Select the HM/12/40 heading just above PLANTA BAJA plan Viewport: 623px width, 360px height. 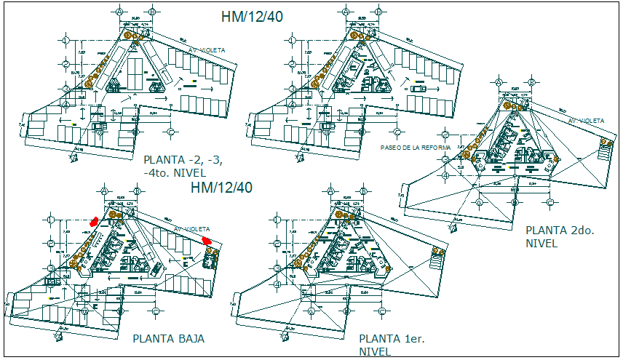[221, 188]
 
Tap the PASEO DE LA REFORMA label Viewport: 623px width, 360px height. [415, 147]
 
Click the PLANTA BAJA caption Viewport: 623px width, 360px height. [168, 339]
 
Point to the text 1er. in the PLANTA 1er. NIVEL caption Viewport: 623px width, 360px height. [416, 339]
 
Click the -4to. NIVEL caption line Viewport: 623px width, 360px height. [175, 173]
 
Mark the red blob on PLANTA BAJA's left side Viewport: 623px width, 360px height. [94, 223]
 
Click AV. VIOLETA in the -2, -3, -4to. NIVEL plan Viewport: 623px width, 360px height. [207, 50]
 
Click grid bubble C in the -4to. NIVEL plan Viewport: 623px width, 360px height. [170, 132]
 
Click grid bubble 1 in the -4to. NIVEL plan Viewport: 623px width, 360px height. [66, 41]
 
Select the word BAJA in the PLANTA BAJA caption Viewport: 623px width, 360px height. [189, 339]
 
